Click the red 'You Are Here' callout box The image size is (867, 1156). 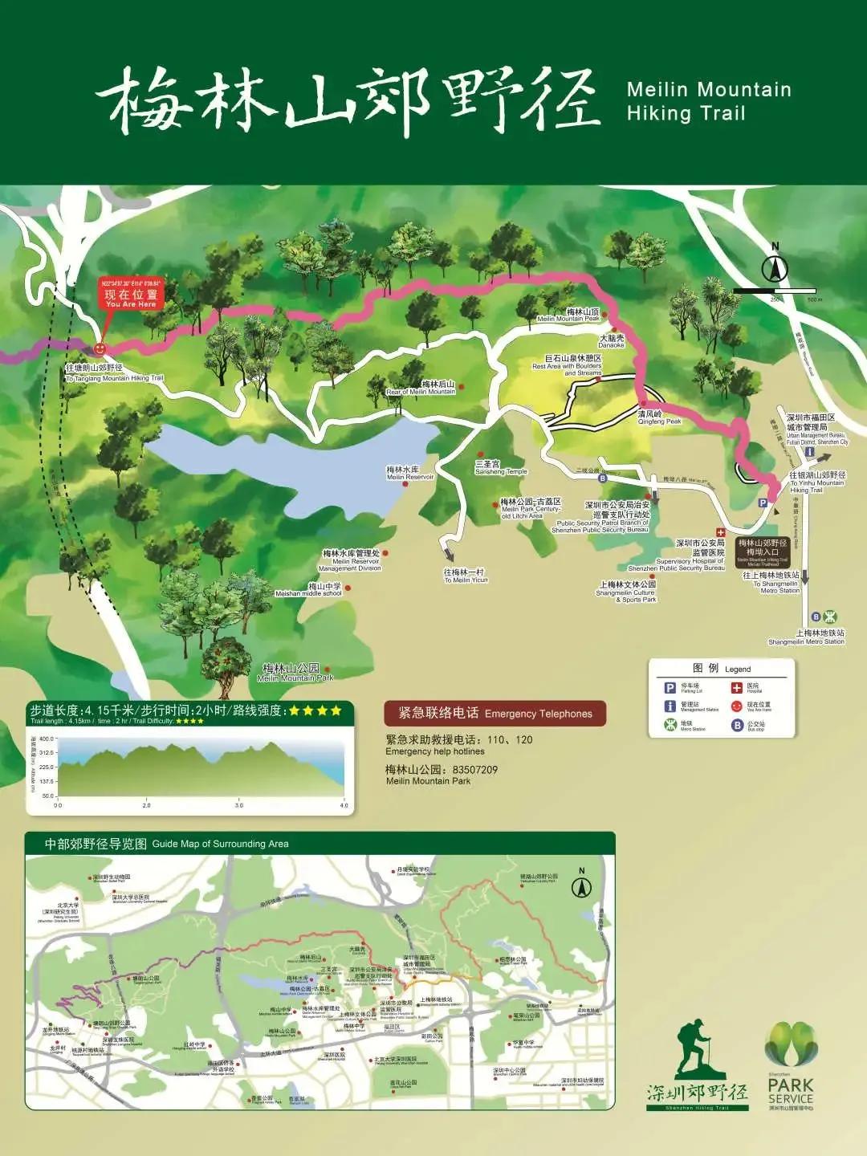[x=131, y=295]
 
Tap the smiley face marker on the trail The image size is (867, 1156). [x=100, y=349]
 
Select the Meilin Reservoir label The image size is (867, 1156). [x=409, y=473]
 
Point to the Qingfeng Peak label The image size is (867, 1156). [x=659, y=417]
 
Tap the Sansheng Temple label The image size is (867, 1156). [x=500, y=468]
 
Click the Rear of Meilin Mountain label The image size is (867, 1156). [x=421, y=388]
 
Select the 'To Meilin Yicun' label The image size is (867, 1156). [x=465, y=576]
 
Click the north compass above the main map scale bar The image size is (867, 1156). [x=775, y=268]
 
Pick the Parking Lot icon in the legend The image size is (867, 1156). [x=670, y=688]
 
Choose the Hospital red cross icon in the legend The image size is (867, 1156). [x=736, y=688]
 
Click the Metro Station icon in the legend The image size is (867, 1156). [x=670, y=725]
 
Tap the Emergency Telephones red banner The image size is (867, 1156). [x=495, y=713]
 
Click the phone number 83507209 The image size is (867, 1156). [x=474, y=769]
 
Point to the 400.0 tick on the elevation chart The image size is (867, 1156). [x=47, y=739]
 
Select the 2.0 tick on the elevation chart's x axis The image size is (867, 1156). [x=146, y=804]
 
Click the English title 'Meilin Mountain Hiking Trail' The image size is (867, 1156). [x=709, y=101]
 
